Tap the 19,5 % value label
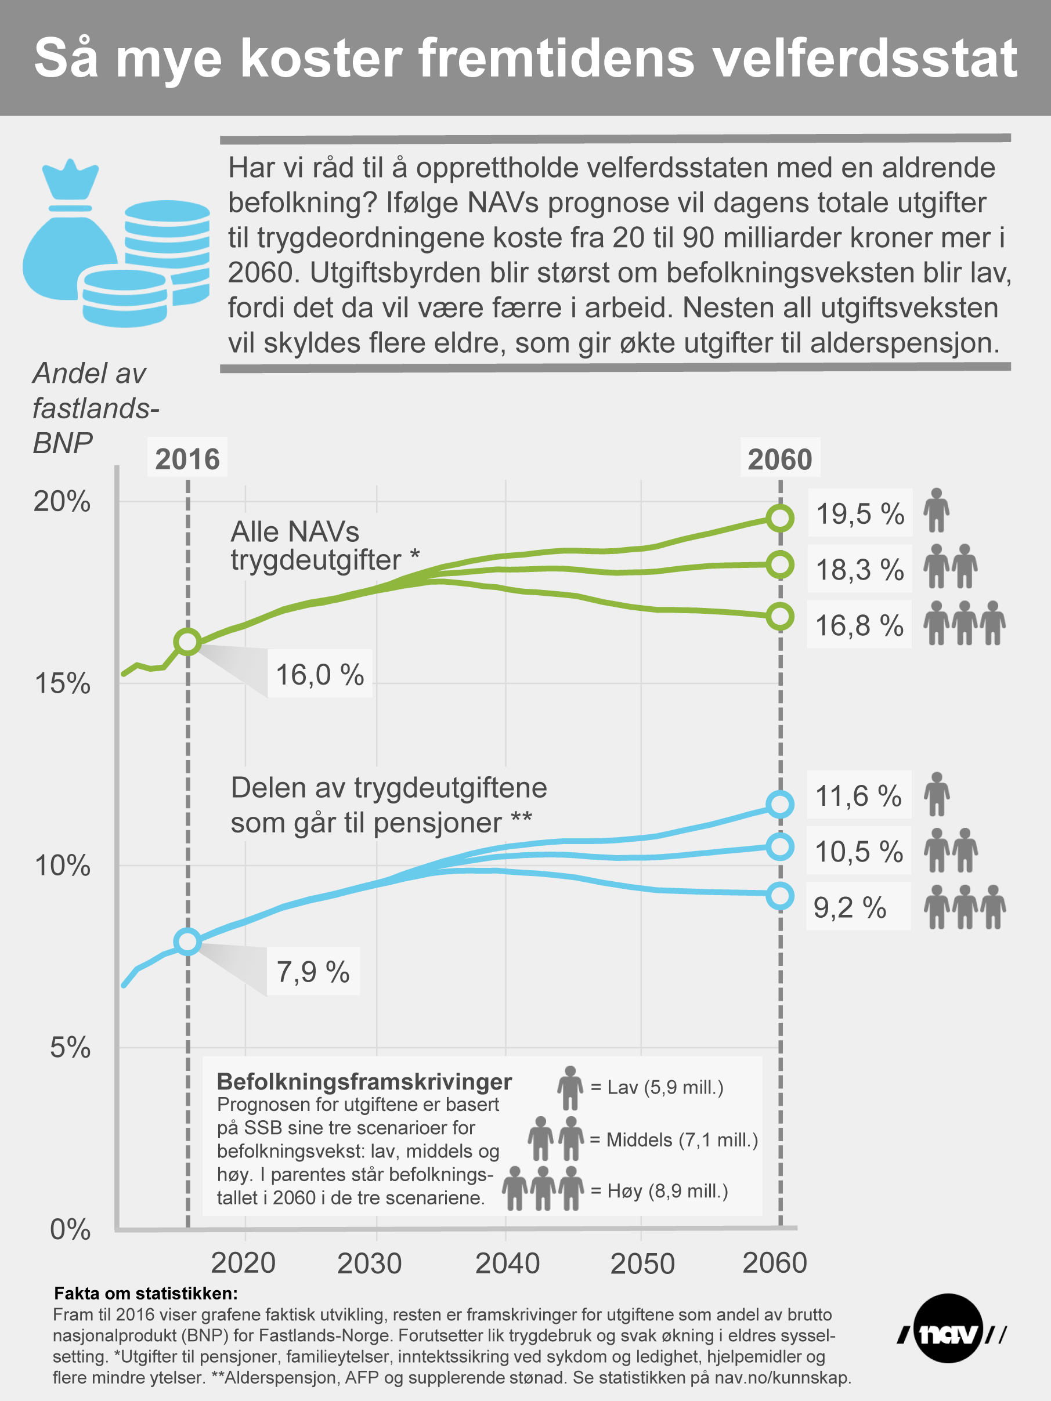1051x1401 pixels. pos(859,513)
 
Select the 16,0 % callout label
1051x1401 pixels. pos(319,675)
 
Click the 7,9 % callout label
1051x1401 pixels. pos(313,972)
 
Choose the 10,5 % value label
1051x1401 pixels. pos(858,851)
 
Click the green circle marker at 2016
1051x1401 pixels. pos(187,642)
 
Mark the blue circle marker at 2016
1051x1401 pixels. pos(187,942)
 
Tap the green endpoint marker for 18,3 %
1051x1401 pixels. pos(780,564)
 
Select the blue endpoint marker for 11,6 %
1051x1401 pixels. pos(780,803)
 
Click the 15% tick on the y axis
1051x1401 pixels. pos(62,683)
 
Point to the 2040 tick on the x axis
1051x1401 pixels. pos(507,1264)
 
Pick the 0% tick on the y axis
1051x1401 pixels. pos(70,1229)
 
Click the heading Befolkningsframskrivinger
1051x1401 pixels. pos(364,1081)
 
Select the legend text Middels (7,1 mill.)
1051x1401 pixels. pos(682,1140)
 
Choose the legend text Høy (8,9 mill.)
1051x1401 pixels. pos(667,1191)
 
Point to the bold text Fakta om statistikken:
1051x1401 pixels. pos(146,1293)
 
